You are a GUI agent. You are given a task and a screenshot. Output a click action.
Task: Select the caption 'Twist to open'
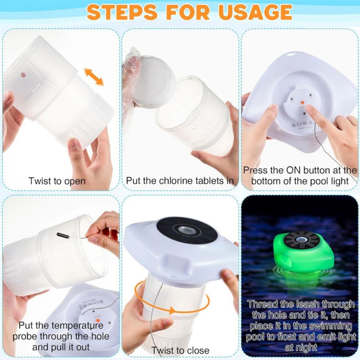57,181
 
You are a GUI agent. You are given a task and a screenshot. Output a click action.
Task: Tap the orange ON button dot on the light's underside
303,102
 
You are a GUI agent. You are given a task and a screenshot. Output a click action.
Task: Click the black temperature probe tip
63,236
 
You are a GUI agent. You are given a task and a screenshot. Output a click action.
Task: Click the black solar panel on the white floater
187,231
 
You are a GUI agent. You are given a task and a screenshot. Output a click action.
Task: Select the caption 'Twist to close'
180,351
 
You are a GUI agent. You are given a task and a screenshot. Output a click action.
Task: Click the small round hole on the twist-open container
23,75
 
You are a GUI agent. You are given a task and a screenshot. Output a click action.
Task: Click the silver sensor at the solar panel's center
186,230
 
